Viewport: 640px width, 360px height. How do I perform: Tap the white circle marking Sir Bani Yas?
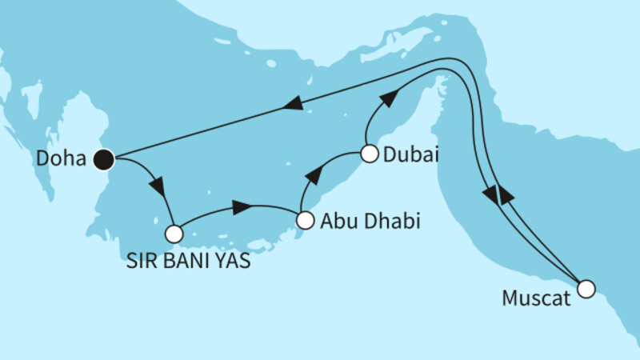174,234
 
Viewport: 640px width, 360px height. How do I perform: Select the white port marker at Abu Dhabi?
304,219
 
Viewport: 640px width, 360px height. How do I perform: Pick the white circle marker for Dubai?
369,154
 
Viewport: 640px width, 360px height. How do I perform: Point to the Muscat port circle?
586,289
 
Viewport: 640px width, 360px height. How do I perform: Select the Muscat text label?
536,300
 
